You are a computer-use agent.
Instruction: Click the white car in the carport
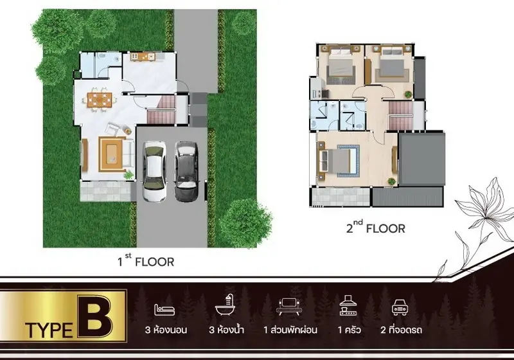154,171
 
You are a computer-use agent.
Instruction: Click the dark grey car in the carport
186,171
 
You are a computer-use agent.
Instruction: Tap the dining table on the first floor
100,100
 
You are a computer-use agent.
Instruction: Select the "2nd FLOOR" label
376,227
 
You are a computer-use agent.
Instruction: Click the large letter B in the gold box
95,316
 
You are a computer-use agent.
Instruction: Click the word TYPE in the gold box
49,330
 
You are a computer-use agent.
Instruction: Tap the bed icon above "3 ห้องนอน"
164,309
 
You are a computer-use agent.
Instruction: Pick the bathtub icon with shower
226,305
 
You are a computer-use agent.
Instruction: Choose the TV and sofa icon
290,307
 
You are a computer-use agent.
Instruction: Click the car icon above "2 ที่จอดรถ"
400,307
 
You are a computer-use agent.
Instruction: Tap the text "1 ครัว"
349,330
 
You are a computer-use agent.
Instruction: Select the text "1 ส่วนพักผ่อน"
290,330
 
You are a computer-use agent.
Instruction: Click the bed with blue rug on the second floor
338,161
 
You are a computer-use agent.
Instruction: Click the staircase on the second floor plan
400,116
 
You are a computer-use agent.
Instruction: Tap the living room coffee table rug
112,154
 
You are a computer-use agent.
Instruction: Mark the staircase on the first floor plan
161,110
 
